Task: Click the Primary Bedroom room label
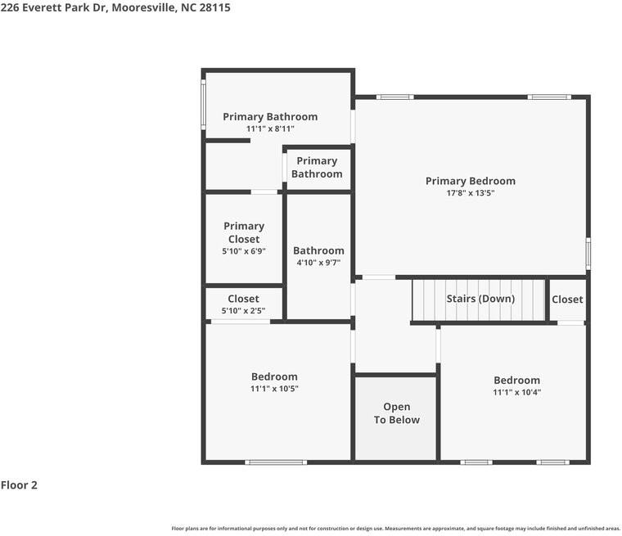pyautogui.click(x=470, y=181)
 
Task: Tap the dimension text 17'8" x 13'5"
pyautogui.click(x=470, y=194)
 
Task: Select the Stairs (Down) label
pyautogui.click(x=480, y=299)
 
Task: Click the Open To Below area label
pyautogui.click(x=397, y=413)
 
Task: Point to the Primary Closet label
pyautogui.click(x=244, y=232)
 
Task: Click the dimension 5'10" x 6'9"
pyautogui.click(x=244, y=252)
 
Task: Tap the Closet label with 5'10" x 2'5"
pyautogui.click(x=243, y=299)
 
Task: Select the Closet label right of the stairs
pyautogui.click(x=567, y=300)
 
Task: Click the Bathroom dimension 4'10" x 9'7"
pyautogui.click(x=318, y=263)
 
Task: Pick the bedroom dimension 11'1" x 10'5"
pyautogui.click(x=274, y=390)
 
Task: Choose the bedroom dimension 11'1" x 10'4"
pyautogui.click(x=516, y=393)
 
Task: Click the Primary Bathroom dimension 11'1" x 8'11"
pyautogui.click(x=270, y=129)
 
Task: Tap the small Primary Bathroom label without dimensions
pyautogui.click(x=317, y=168)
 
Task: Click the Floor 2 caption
pyautogui.click(x=19, y=485)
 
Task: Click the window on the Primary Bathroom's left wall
pyautogui.click(x=204, y=104)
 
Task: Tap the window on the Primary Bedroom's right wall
pyautogui.click(x=588, y=253)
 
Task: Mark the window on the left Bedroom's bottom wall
pyautogui.click(x=276, y=462)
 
